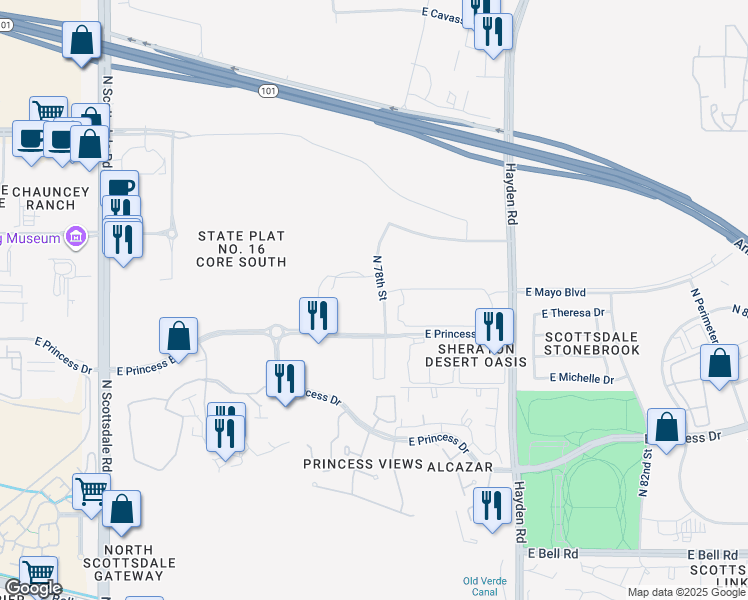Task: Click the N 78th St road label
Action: click(380, 277)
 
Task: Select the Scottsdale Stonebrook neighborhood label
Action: click(592, 343)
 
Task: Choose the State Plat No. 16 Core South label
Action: click(242, 249)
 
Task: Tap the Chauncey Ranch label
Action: click(39, 197)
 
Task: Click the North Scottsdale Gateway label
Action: click(128, 563)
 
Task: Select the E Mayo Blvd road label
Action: click(555, 293)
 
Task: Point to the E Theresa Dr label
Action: click(572, 312)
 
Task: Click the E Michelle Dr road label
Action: click(581, 379)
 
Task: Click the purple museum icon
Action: click(74, 237)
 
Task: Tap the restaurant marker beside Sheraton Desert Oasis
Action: click(494, 326)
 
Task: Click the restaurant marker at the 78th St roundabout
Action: click(318, 316)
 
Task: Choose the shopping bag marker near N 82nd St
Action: click(666, 426)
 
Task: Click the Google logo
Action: click(32, 588)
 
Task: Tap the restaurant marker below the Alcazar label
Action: click(492, 506)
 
